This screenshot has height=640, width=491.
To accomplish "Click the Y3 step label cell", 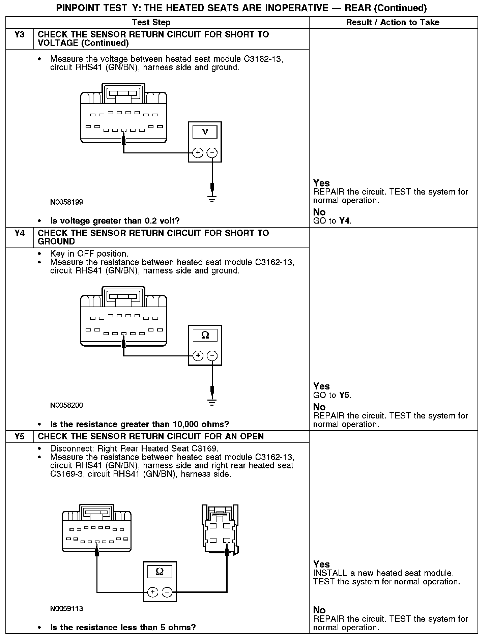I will [20, 35].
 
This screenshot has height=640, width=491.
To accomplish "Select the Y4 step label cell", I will [20, 233].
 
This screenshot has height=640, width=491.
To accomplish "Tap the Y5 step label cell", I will [20, 437].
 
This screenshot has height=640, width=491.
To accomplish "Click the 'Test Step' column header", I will [151, 23].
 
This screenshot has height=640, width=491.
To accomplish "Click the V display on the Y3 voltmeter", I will [205, 132].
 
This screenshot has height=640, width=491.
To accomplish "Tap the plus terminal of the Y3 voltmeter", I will [198, 153].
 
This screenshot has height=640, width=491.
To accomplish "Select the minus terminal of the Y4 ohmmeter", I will [212, 356].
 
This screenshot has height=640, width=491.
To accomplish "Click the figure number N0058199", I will [66, 202].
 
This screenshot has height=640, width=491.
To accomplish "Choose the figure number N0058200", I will [66, 405].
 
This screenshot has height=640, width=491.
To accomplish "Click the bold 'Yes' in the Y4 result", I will [321, 386].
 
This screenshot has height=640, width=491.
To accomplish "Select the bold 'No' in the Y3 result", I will [319, 212].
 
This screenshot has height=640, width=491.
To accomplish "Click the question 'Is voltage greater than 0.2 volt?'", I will [115, 221].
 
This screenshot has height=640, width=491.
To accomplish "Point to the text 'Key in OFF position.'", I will [89, 254].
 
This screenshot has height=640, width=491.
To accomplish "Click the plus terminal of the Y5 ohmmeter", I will [152, 592].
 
